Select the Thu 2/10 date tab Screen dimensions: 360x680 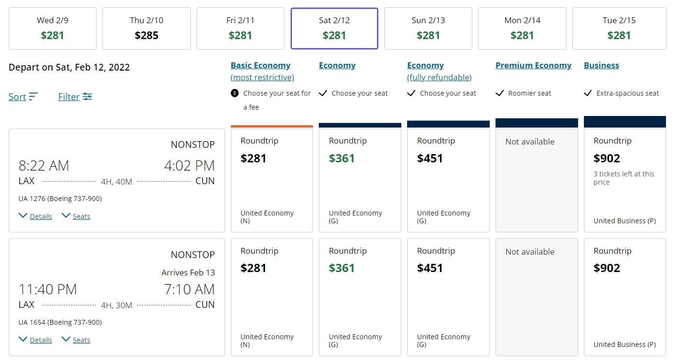[x=146, y=28]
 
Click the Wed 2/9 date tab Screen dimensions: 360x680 [x=52, y=28]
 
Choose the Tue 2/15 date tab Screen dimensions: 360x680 [x=619, y=28]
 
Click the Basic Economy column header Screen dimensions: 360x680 [x=260, y=65]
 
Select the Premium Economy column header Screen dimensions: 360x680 [x=533, y=65]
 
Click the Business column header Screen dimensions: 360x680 [x=601, y=65]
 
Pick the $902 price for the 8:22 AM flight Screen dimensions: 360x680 [x=607, y=158]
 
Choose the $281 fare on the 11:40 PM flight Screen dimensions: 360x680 [x=254, y=268]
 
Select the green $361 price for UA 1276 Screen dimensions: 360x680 [x=342, y=158]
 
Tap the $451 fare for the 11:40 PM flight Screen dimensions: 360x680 [x=430, y=268]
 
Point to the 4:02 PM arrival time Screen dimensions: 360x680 [x=189, y=166]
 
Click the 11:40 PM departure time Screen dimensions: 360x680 [x=47, y=289]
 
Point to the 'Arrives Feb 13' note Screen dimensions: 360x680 [x=188, y=273]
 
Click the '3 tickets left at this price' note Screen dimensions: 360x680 [x=623, y=178]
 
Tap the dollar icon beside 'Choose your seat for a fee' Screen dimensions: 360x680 [x=235, y=93]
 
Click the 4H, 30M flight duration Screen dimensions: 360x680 [x=116, y=305]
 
